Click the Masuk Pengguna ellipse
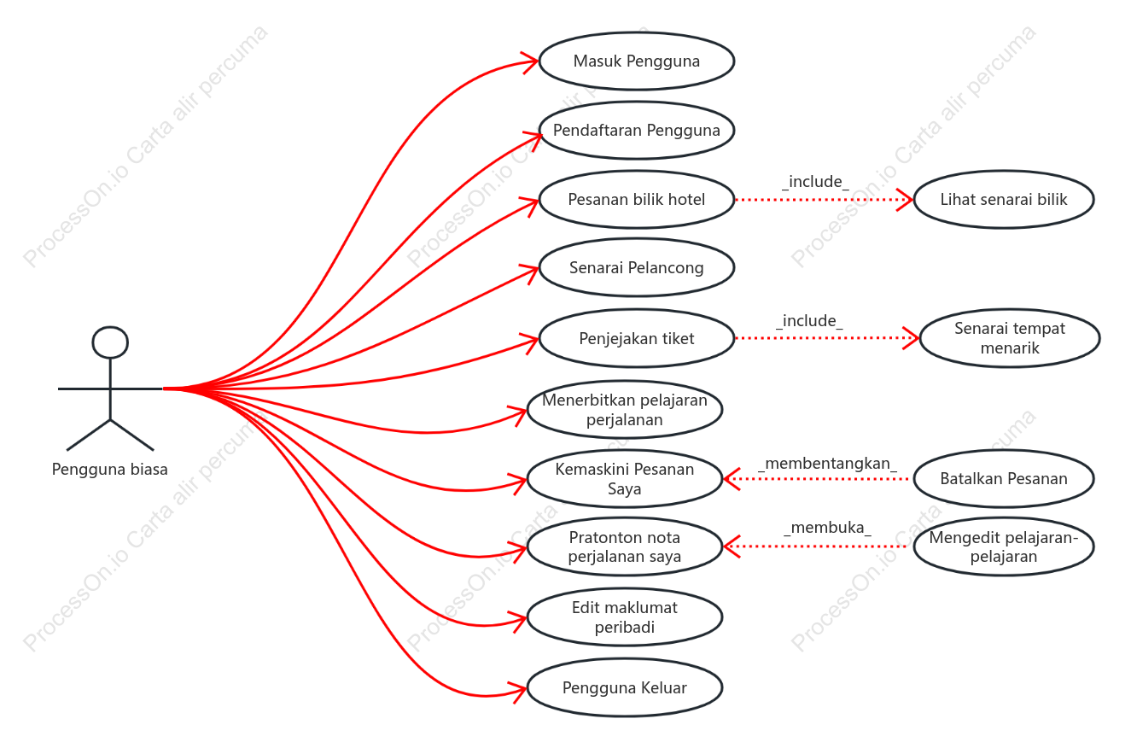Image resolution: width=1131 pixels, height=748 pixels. pos(637,61)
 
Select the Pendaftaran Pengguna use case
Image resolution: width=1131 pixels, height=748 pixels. pos(637,131)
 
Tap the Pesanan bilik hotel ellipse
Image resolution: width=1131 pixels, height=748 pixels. pos(637,200)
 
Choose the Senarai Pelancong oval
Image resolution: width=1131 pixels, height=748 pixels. pos(637,267)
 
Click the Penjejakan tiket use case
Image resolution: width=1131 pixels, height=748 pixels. pos(637,338)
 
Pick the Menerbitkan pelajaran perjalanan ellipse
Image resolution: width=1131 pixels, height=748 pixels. pos(625,410)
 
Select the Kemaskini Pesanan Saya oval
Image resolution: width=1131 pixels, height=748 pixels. pos(625,479)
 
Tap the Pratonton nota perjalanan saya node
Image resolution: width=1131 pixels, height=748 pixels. pos(625,547)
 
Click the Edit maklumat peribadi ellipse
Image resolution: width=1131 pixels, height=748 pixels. pos(625,617)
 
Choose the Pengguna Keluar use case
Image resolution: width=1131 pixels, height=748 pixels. pos(625,688)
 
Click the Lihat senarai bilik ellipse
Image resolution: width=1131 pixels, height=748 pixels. pos(1004,200)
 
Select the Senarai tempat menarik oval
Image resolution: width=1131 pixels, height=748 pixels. pos(1010,338)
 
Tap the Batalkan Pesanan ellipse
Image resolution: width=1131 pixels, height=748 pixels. pos(1004,479)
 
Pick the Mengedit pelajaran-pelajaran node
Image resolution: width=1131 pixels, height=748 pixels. pos(1004,547)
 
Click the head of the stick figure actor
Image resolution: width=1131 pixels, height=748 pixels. pos(110,342)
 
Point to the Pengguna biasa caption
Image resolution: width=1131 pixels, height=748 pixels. pos(109,470)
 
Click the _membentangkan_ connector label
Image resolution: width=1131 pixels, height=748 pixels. pos(827,464)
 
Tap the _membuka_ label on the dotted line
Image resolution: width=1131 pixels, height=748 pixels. pos(827,528)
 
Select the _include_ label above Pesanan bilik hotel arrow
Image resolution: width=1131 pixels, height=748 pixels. pos(815,182)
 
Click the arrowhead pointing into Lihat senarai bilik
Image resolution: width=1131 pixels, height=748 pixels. pos(906,200)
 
